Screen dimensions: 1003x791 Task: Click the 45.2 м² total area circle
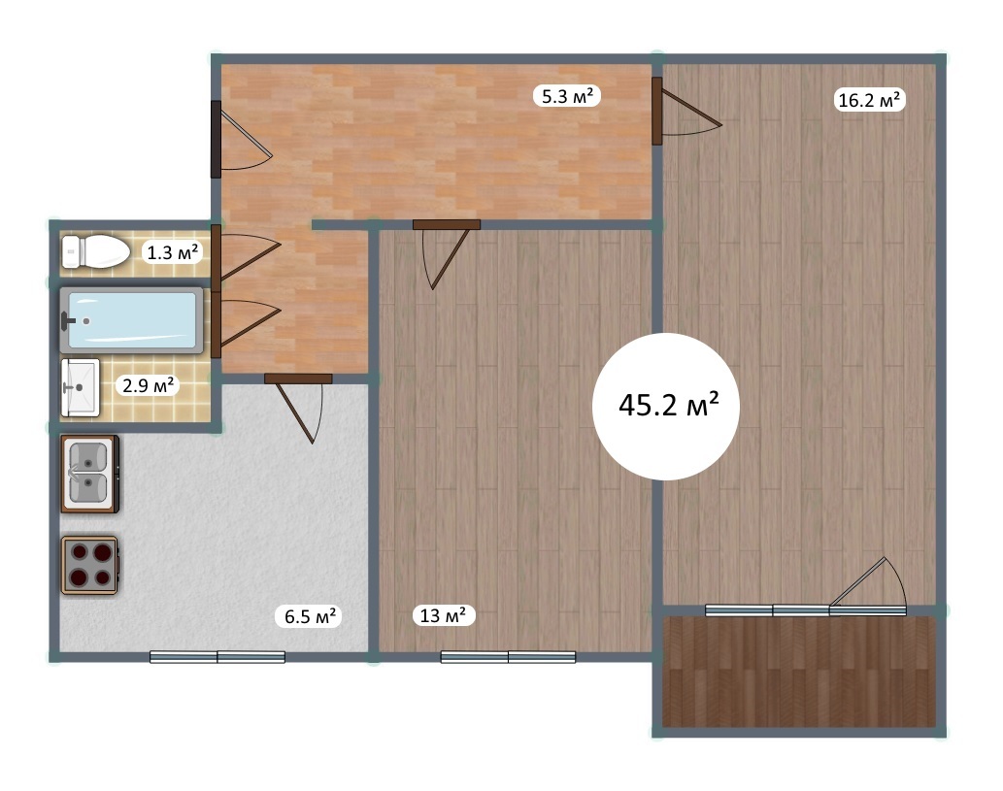pos(666,406)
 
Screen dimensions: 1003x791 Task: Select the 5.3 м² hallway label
pos(567,96)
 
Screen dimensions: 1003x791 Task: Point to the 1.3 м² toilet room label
pos(172,252)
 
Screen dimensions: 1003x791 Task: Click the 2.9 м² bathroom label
pos(148,385)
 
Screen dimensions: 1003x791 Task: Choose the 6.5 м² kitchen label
pos(310,616)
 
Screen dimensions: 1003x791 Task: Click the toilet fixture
pos(95,251)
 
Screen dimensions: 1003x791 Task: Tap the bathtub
pos(131,319)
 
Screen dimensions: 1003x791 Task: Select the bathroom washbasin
pos(80,387)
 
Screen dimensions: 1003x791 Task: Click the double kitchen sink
pos(89,474)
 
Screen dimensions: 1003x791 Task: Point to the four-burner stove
pos(89,565)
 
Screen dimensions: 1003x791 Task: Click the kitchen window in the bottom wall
pos(217,657)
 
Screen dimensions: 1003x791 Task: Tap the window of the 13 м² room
pos(508,657)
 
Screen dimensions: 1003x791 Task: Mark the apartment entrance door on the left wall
pos(240,139)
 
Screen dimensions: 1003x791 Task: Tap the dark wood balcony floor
pos(798,672)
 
